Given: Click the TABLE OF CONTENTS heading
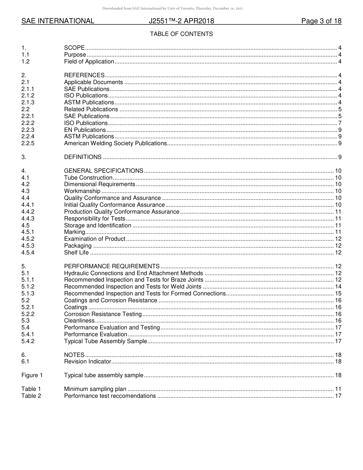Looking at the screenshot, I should click(x=181, y=34).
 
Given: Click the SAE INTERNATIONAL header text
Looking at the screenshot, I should click(x=58, y=21).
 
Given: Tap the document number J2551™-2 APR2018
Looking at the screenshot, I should click(x=181, y=21).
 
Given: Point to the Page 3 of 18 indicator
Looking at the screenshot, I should click(x=321, y=21).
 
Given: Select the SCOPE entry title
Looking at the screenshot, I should click(x=74, y=48).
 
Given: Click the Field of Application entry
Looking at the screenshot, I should click(x=89, y=62).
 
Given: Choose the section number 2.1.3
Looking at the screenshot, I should click(x=28, y=102).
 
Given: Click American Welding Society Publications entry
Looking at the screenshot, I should click(x=115, y=143).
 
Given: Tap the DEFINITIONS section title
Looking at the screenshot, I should click(x=83, y=157).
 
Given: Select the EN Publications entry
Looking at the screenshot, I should click(x=85, y=130).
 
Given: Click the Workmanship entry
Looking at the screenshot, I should click(x=82, y=191).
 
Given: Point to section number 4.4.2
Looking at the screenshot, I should click(x=28, y=212).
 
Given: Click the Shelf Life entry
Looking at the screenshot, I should click(x=76, y=253).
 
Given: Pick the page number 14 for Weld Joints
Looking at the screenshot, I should click(x=338, y=287).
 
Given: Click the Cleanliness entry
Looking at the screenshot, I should click(x=79, y=321).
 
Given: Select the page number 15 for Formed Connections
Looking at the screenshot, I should click(x=338, y=293).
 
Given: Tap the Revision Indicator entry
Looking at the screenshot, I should click(x=88, y=361).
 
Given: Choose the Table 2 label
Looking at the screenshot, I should click(x=31, y=396).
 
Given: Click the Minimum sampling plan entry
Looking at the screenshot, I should click(x=95, y=389).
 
